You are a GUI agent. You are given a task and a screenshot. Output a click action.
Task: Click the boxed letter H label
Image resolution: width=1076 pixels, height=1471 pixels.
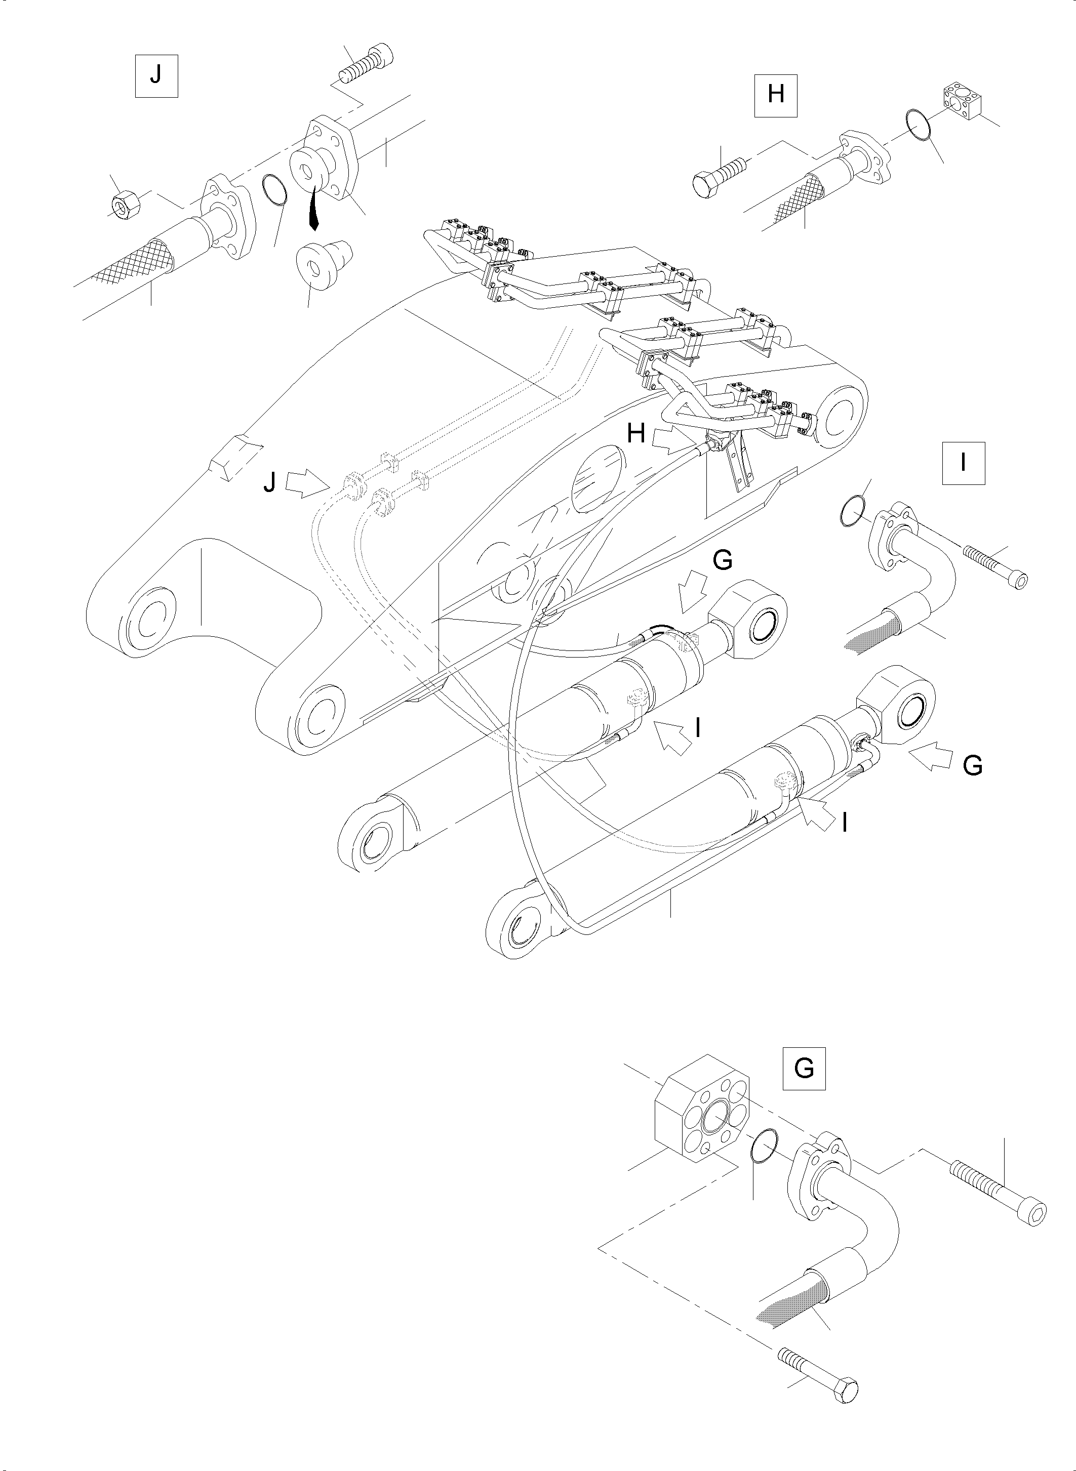[776, 95]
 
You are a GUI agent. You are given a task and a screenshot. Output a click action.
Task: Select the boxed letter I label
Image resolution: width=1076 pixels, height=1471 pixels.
[963, 463]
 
